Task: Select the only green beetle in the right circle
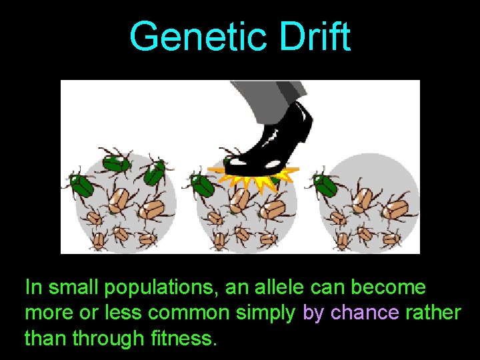click(327, 183)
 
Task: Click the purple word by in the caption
click(314, 313)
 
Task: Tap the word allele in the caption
click(279, 288)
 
